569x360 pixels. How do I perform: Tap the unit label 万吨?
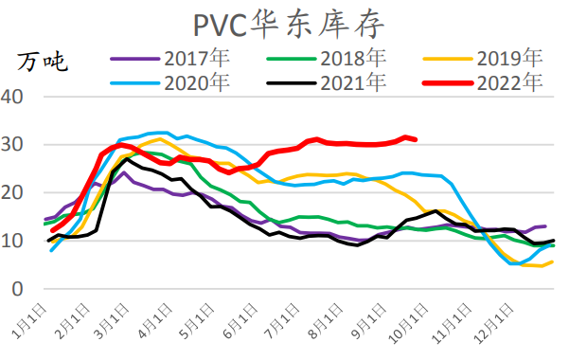coord(44,63)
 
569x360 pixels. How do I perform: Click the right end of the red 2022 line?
coord(417,139)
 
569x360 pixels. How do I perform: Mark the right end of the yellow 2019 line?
coord(553,261)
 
